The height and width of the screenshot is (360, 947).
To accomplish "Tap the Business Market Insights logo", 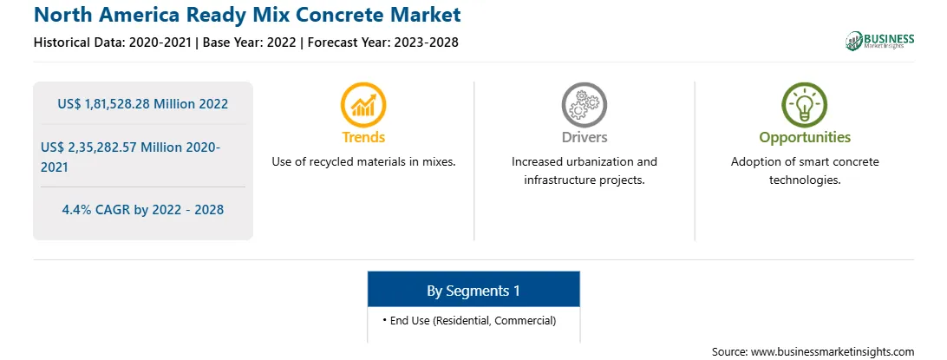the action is point(880,41).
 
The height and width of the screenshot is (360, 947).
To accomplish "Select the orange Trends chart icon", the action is point(363,104).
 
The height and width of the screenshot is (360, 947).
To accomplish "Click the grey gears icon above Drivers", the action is point(584,104).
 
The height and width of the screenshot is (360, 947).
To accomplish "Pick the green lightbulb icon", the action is point(805,104).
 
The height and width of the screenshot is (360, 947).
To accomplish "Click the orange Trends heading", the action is point(363,137).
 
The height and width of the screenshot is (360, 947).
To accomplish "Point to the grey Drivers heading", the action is point(584,137).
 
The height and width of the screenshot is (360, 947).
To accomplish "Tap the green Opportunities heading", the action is point(805,138).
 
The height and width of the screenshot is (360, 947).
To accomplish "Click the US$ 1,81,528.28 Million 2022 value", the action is point(143,104).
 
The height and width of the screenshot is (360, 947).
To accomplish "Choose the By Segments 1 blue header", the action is point(473,291).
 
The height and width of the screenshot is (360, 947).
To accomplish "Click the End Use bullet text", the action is point(469,321).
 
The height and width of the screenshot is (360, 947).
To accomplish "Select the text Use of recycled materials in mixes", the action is point(363,162).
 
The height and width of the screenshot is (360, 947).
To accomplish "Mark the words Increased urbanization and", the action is point(584,162).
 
